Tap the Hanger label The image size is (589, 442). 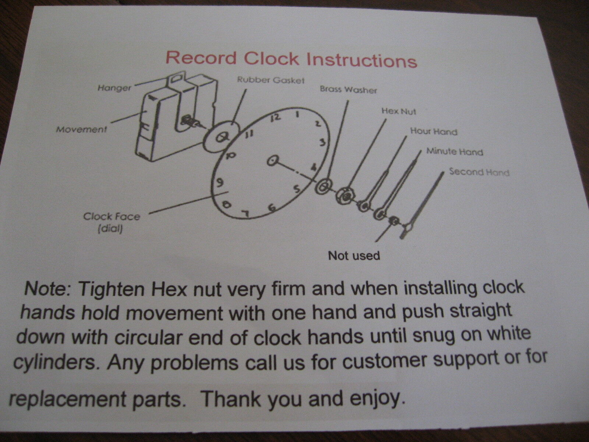[x=114, y=88]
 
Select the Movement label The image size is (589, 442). [x=81, y=129]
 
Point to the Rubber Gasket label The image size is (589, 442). [x=271, y=80]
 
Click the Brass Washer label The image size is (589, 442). [x=348, y=90]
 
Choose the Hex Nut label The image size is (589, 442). [x=399, y=111]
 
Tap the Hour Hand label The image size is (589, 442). [x=434, y=131]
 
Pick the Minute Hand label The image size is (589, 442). [x=455, y=152]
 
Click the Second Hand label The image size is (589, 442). [x=479, y=172]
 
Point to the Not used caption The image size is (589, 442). [x=354, y=256]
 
